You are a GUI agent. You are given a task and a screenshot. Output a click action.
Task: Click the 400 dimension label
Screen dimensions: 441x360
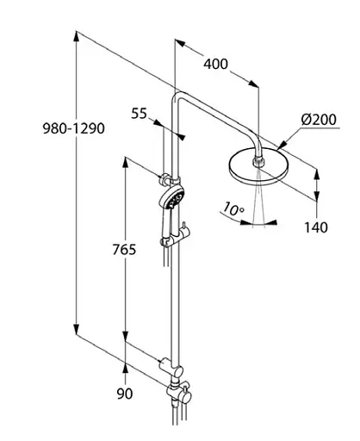tap(216, 63)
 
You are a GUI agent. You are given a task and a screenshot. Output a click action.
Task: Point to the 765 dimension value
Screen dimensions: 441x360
tap(101, 251)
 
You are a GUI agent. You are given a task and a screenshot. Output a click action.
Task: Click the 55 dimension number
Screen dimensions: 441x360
tap(140, 113)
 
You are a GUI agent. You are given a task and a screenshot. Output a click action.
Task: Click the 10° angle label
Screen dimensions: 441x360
tap(233, 208)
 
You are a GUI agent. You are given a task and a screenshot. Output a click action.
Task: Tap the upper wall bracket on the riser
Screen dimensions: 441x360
tap(164, 181)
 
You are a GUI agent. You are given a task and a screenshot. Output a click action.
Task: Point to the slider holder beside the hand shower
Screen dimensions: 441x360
tap(183, 231)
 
